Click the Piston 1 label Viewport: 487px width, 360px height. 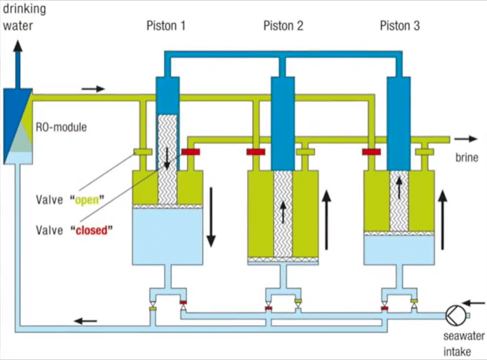pyautogui.click(x=166, y=25)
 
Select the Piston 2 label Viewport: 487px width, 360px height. pyautogui.click(x=283, y=25)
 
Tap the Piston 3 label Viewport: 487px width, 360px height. pyautogui.click(x=399, y=25)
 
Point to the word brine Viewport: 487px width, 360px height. pyautogui.click(x=467, y=158)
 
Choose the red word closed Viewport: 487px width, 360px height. pyautogui.click(x=92, y=229)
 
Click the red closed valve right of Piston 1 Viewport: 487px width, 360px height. pyautogui.click(x=193, y=153)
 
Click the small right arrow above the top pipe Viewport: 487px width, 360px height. pyautogui.click(x=93, y=88)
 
